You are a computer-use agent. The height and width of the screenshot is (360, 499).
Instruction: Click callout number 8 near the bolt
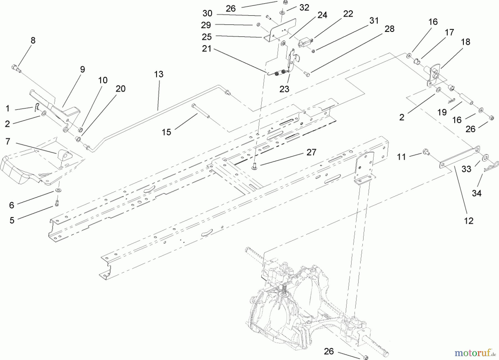(x=33, y=40)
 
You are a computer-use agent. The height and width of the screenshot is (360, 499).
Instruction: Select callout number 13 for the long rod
(x=159, y=74)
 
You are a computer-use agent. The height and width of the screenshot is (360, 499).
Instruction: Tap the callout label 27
(x=311, y=152)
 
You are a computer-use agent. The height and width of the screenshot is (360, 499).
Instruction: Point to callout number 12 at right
(x=469, y=221)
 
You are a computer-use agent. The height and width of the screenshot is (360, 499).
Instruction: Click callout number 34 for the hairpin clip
(x=477, y=193)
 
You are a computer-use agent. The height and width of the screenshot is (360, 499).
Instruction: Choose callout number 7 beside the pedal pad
(x=8, y=142)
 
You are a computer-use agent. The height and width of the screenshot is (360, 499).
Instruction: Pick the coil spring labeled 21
(x=279, y=73)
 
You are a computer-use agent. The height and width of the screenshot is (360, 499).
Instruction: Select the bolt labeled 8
(x=17, y=68)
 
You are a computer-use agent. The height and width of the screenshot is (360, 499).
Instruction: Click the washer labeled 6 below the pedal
(x=58, y=190)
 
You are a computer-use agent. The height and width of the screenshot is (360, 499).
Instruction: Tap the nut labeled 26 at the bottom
(x=365, y=357)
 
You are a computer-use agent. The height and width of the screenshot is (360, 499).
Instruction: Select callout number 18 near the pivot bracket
(x=465, y=42)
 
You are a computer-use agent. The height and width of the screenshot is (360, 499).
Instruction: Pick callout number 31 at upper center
(x=374, y=21)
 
